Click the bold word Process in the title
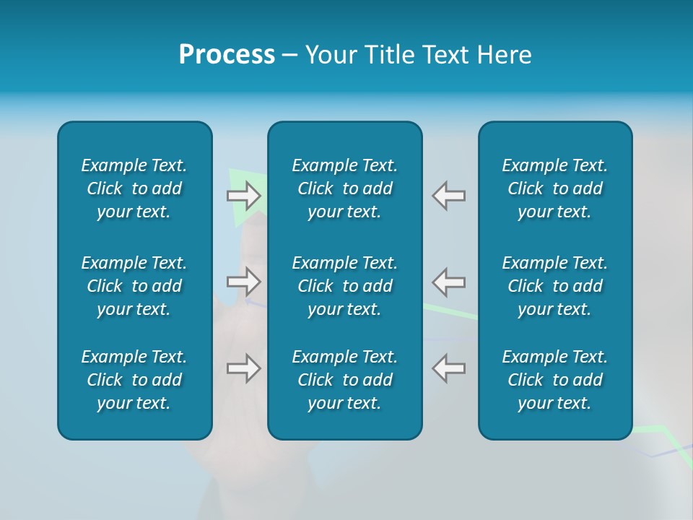tap(227, 55)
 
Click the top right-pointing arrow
tap(244, 196)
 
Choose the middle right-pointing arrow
tap(244, 281)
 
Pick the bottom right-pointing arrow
tap(244, 368)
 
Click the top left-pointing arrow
tap(449, 196)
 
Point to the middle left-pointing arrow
tap(449, 281)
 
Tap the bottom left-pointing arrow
tap(449, 368)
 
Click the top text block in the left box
tap(134, 188)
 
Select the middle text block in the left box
tap(134, 286)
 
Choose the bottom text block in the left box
tap(134, 380)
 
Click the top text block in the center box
tap(344, 188)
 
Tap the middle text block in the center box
tap(344, 286)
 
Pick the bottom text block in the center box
tap(344, 380)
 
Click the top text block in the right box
tap(554, 188)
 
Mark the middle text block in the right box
tap(554, 286)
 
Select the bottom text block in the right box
tap(554, 380)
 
